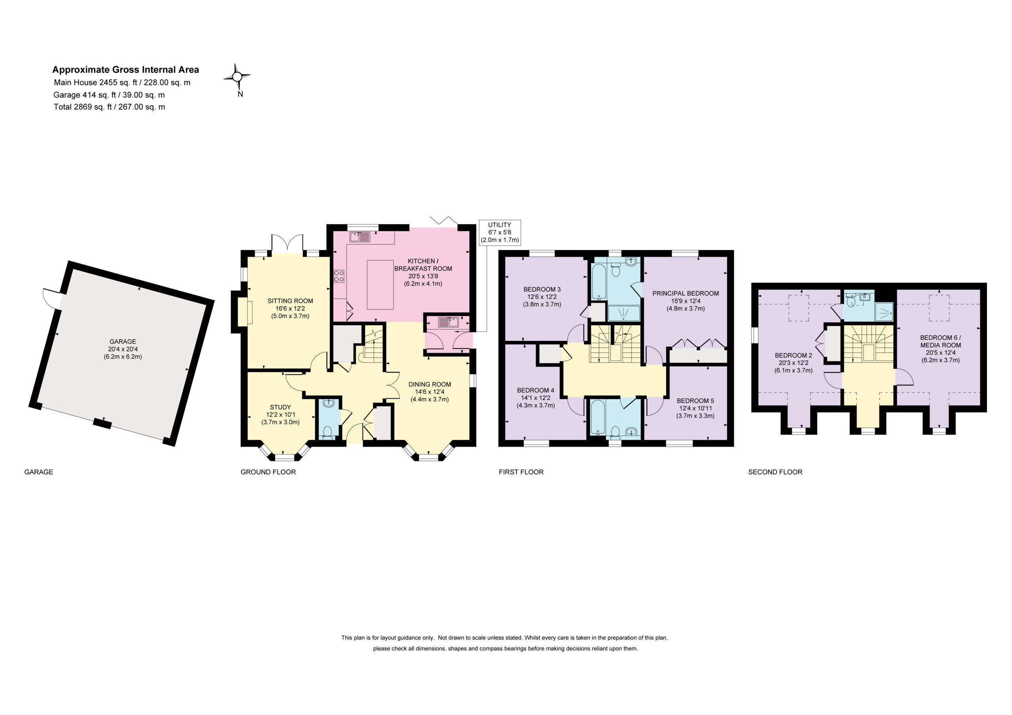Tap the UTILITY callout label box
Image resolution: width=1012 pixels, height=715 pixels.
[x=499, y=232]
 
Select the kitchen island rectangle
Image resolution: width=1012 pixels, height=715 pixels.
[x=380, y=285]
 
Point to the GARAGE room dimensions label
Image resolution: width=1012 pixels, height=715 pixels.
[x=123, y=349]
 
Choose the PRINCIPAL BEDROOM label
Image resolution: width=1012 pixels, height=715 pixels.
[x=685, y=293]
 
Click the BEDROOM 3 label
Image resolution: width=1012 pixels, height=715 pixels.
[x=542, y=289]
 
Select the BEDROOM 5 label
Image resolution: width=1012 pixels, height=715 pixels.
[x=695, y=401]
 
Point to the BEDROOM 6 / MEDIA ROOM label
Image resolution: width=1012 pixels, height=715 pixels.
[x=940, y=341]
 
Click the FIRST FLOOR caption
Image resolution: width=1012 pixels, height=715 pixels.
[x=521, y=472]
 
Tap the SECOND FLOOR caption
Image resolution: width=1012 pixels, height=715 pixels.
[x=775, y=472]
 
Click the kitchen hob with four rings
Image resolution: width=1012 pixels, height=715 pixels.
[x=339, y=276]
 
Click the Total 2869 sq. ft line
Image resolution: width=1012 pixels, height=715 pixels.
[x=110, y=107]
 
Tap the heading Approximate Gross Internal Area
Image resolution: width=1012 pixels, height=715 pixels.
[x=126, y=70]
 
